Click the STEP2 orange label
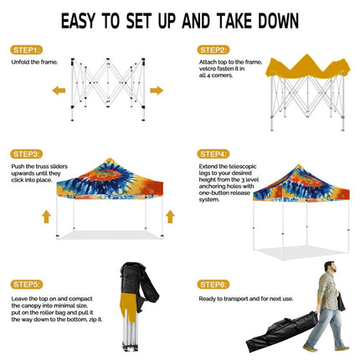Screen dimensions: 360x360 (x=212, y=49)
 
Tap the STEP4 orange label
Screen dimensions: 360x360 (x=212, y=154)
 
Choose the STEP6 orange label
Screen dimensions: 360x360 (x=212, y=284)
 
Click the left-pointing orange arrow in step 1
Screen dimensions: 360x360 (x=59, y=90)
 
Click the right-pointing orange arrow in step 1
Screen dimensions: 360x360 (x=157, y=90)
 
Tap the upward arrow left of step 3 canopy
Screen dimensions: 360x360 (x=45, y=217)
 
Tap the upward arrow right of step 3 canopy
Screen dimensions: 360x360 (x=170, y=217)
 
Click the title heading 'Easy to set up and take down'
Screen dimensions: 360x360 (x=180, y=19)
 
